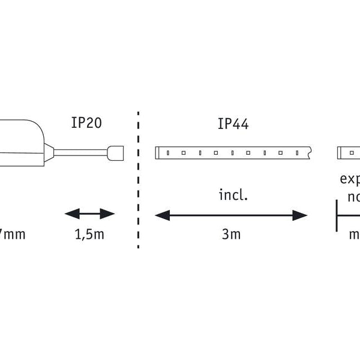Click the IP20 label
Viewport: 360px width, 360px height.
click(86, 123)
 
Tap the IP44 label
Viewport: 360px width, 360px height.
click(233, 124)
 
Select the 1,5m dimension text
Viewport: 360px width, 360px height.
click(89, 234)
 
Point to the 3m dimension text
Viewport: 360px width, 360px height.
click(231, 234)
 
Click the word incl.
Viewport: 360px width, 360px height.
click(233, 196)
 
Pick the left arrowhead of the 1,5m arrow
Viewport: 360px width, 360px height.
click(70, 214)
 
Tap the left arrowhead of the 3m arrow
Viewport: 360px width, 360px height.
click(161, 215)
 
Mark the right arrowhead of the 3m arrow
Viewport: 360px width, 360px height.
click(301, 215)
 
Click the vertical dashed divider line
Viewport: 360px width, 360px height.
click(139, 180)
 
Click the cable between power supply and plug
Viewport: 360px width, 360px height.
click(84, 152)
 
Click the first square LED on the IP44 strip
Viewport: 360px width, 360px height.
click(168, 152)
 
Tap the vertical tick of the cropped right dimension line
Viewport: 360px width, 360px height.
click(337, 215)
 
